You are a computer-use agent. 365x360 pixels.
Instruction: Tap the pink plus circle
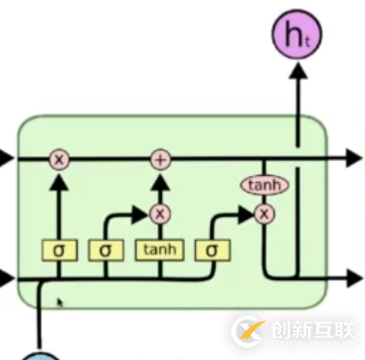tap(160, 158)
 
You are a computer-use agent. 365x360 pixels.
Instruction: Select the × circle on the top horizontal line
tap(60, 158)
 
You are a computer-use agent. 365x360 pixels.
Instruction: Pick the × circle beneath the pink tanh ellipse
tap(264, 213)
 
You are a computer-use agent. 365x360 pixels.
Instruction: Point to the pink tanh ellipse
tap(264, 185)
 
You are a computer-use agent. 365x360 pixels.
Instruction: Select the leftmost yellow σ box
tap(60, 249)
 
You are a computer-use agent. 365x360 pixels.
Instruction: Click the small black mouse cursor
tap(61, 300)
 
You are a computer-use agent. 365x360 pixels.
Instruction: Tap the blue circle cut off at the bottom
tap(41, 354)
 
